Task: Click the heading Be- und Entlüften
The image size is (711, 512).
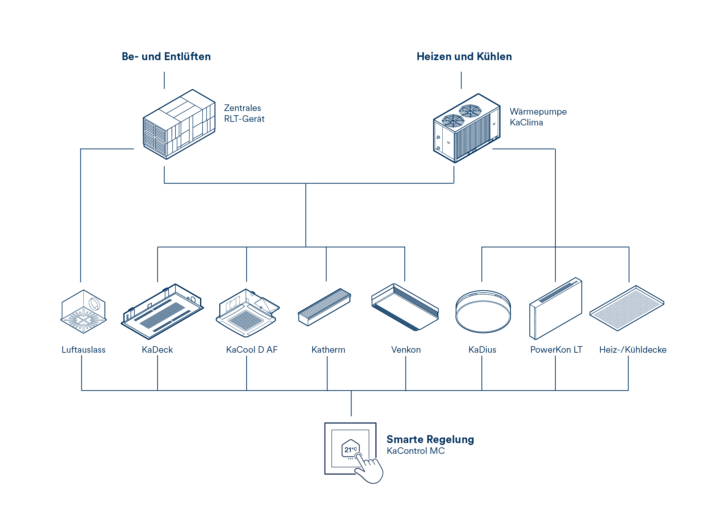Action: (x=166, y=56)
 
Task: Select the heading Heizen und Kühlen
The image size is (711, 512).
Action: (x=464, y=56)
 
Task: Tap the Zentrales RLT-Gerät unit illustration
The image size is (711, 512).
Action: (x=179, y=125)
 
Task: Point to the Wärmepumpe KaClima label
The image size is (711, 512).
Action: (x=538, y=117)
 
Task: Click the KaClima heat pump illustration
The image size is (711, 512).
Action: (x=467, y=129)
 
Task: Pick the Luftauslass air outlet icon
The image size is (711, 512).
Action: (x=83, y=312)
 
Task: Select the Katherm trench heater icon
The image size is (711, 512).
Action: (x=324, y=307)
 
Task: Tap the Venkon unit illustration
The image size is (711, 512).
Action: (x=405, y=307)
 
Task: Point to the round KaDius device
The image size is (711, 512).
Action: (x=483, y=311)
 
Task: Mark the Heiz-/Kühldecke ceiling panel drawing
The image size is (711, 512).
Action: (x=627, y=308)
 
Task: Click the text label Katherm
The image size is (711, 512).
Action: (x=328, y=350)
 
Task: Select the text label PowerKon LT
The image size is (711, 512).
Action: (x=556, y=350)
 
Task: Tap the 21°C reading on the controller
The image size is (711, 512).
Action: (x=350, y=449)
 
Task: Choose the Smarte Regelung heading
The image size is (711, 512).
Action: (x=430, y=439)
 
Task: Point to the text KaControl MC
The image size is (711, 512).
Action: (x=416, y=451)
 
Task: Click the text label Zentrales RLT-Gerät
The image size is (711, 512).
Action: (x=244, y=113)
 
